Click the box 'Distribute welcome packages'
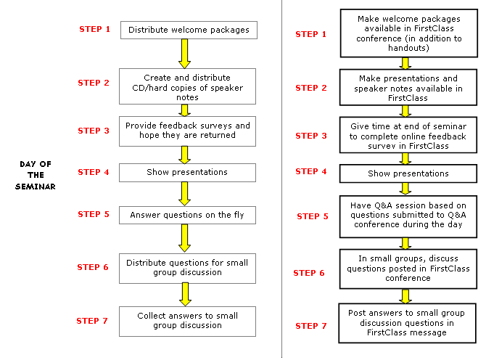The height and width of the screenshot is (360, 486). tap(188, 30)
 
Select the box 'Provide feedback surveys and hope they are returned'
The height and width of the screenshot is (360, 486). tap(188, 130)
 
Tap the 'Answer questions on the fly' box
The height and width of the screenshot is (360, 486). tap(187, 215)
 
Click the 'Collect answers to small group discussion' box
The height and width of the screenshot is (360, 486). tap(187, 320)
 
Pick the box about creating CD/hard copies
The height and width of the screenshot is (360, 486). tap(187, 86)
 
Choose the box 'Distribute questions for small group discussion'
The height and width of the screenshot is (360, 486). tap(187, 267)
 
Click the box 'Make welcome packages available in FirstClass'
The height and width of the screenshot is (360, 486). tap(408, 33)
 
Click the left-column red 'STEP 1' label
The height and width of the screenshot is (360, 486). tap(95, 29)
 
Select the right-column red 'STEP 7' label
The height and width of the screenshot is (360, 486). tap(311, 326)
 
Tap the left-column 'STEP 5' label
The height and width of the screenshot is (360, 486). tap(94, 214)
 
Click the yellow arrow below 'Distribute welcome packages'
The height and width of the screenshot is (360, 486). tap(185, 53)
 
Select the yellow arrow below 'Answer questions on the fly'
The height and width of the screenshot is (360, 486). tap(185, 237)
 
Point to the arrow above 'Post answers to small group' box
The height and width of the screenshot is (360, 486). tap(406, 295)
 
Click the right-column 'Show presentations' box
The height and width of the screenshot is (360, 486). tap(408, 173)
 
